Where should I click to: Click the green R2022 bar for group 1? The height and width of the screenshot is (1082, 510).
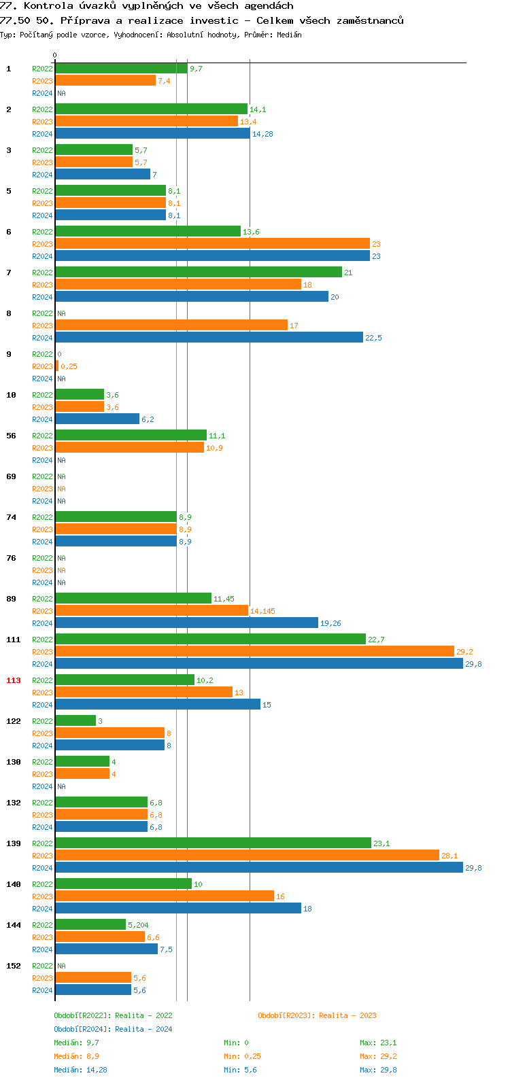pos(121,69)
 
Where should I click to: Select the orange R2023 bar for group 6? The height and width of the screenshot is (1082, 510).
pos(212,244)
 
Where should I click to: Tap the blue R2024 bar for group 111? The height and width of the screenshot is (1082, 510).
pos(258,664)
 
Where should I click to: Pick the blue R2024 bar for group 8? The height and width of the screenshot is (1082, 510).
pos(209,338)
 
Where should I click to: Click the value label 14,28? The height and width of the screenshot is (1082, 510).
pos(262,134)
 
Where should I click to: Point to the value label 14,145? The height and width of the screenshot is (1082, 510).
pos(262,611)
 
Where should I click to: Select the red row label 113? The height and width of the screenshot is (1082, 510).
pos(14,680)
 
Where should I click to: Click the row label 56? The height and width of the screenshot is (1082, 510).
pos(11,436)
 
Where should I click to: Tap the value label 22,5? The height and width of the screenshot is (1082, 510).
pos(373,338)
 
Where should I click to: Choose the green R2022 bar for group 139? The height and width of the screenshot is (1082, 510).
pos(213,843)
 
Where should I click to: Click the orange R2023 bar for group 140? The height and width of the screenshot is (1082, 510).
pos(165,896)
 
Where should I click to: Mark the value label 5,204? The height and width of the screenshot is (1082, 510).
pos(138,925)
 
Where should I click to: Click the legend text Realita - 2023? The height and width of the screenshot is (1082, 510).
pos(347,1015)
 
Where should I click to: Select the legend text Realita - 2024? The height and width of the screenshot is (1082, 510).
pos(143,1029)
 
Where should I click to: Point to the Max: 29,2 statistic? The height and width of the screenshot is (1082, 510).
pos(378,1056)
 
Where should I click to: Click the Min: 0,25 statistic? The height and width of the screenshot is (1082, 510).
pos(242,1056)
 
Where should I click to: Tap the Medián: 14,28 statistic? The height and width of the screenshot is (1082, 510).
pos(80,1070)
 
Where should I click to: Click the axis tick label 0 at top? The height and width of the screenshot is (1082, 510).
pos(55,56)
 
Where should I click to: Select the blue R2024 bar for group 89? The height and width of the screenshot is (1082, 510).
pos(186,623)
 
